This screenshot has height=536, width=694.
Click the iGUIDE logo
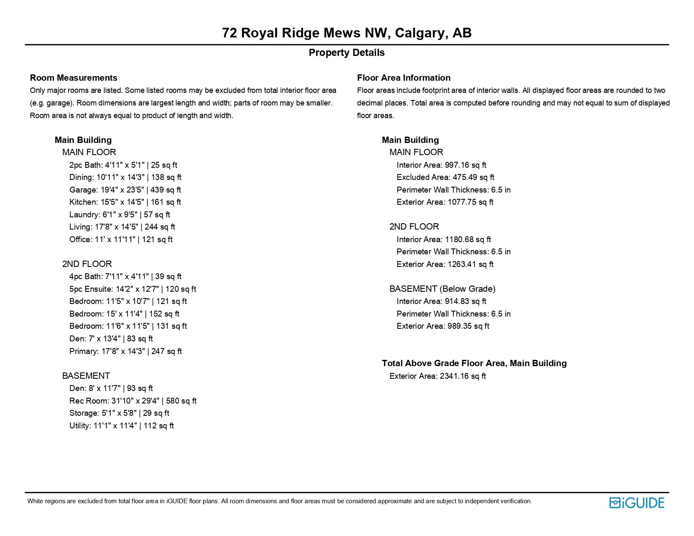pos(636,503)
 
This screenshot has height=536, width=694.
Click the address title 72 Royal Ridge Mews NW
pos(347,33)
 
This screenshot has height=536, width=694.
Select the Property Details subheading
pos(347,53)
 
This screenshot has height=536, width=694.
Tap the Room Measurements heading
pos(74,78)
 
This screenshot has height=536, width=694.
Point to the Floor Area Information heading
pos(403,78)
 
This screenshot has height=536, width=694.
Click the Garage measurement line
pos(125,190)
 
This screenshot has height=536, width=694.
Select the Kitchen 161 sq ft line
pos(125,202)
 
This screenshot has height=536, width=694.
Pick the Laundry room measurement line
pos(119,215)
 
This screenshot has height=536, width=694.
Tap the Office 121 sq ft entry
pos(121,240)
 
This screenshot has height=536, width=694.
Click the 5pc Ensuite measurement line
pos(132,289)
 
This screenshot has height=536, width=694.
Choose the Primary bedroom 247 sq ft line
pos(125,351)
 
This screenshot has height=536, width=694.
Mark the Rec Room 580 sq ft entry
pos(132,401)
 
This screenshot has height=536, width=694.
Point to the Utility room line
pos(121,426)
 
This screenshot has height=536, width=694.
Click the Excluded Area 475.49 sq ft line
pos(445,177)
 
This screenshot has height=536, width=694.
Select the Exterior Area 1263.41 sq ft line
pos(445,264)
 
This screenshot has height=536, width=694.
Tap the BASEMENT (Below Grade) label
pos(442,289)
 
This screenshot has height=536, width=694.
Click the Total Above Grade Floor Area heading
pos(474,363)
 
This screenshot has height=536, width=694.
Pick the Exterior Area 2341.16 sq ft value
pos(437,376)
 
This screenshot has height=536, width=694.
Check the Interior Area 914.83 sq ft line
pos(441,301)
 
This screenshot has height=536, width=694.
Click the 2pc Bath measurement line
pos(123,165)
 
